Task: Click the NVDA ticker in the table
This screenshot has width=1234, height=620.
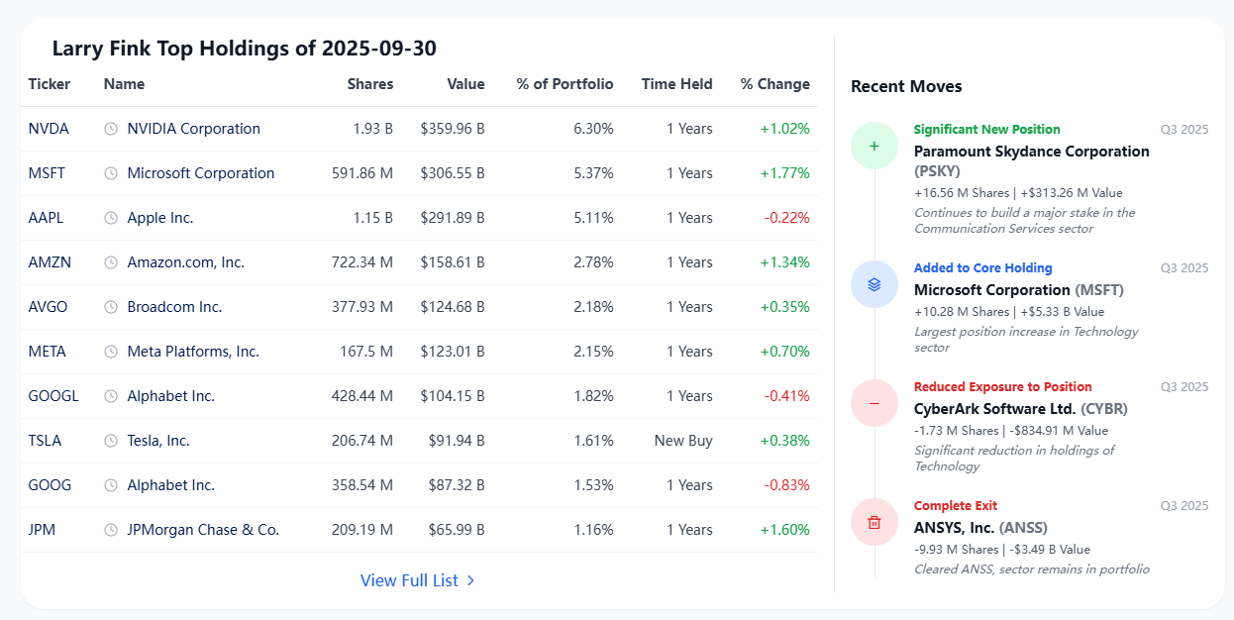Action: (49, 129)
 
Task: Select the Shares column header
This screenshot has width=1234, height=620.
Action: (370, 84)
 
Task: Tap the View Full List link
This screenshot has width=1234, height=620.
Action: (417, 580)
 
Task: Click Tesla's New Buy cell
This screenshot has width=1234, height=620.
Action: (683, 441)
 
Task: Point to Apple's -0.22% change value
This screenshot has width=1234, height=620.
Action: (786, 218)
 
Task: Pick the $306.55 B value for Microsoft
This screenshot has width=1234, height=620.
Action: (453, 173)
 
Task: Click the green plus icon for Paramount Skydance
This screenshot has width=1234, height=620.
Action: (874, 146)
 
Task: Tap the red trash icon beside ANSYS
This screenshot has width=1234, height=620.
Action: (874, 522)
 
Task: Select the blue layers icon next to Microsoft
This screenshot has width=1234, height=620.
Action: (874, 284)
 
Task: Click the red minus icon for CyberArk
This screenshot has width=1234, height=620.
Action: (874, 403)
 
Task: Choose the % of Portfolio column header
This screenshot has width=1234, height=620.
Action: (565, 84)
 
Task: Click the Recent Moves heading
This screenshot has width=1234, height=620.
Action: (906, 86)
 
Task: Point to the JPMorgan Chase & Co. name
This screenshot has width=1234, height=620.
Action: (203, 530)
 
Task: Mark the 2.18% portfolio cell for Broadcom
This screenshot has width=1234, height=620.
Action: (593, 307)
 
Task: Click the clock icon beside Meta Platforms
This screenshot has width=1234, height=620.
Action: (111, 352)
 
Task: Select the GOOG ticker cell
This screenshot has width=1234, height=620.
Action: (50, 485)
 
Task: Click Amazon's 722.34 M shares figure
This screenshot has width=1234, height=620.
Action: (361, 262)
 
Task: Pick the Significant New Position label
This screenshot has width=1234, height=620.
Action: (986, 129)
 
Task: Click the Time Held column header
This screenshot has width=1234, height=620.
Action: (677, 84)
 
